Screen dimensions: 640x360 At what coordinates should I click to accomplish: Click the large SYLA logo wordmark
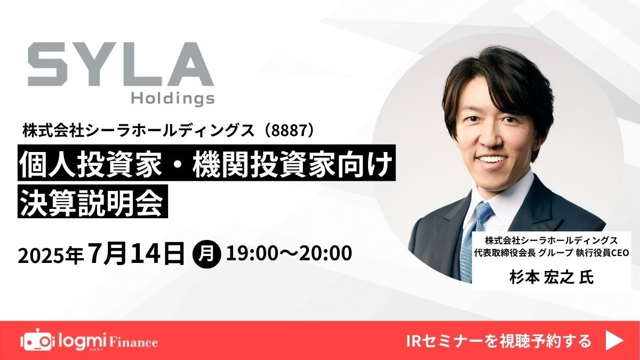click(121, 64)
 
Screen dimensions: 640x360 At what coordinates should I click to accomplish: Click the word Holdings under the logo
click(173, 99)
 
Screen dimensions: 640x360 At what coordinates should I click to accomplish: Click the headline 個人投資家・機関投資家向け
click(206, 163)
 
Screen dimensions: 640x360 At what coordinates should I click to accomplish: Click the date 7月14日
click(137, 253)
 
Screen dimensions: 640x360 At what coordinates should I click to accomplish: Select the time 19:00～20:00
click(289, 253)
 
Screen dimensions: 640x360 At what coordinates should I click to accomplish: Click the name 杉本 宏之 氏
click(551, 277)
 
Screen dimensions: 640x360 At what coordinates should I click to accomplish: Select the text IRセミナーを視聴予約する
click(498, 341)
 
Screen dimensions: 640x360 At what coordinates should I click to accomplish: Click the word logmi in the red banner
click(81, 340)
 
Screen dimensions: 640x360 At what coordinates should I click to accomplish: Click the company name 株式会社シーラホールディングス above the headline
click(138, 131)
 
